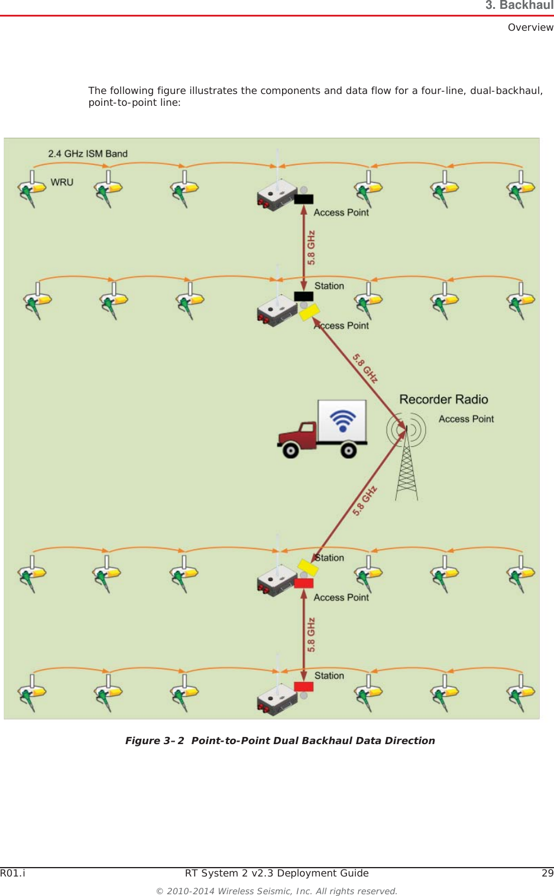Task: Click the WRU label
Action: (x=62, y=182)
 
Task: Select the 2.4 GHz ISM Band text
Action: (x=88, y=154)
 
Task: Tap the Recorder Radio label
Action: (x=443, y=400)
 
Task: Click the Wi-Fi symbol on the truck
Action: (x=342, y=420)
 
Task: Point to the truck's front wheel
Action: (x=290, y=450)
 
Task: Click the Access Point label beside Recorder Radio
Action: (x=466, y=419)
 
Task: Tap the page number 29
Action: (x=547, y=873)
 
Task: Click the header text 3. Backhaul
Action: (x=519, y=5)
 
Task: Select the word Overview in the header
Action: (x=530, y=27)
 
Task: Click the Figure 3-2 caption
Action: (x=280, y=741)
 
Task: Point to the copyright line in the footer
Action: (x=277, y=891)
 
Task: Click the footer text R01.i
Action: (x=12, y=873)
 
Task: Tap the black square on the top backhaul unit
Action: (x=304, y=199)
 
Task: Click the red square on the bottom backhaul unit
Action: (x=304, y=686)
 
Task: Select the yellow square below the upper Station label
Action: (x=309, y=311)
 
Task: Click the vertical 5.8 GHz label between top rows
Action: (x=311, y=248)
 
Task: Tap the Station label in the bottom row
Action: (x=329, y=676)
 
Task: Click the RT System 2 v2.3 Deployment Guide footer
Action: (x=277, y=873)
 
